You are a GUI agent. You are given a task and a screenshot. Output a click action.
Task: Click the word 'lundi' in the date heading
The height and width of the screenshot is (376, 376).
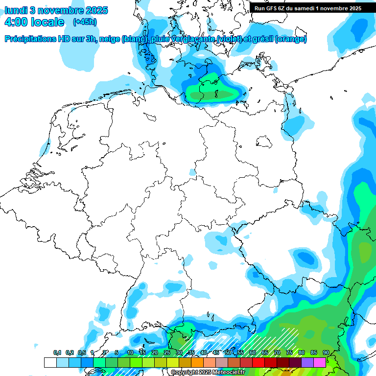click(x=16, y=10)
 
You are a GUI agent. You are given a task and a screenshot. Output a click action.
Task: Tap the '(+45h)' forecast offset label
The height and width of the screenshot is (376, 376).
click(x=84, y=22)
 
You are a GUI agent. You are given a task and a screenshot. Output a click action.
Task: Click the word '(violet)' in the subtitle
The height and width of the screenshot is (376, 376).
click(x=227, y=39)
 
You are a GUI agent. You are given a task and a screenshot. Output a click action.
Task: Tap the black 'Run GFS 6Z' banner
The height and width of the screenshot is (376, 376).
click(x=306, y=8)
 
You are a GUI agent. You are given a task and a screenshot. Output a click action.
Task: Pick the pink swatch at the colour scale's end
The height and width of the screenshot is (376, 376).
click(x=320, y=362)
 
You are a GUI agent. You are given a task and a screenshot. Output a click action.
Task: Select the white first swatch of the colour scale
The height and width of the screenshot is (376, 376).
click(x=50, y=362)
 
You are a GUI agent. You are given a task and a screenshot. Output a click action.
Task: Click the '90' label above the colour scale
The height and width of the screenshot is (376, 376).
click(x=326, y=353)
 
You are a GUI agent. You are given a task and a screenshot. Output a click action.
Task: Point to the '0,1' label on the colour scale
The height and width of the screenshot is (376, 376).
click(x=57, y=353)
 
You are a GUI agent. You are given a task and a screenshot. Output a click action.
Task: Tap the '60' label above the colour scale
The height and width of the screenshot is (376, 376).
click(x=253, y=353)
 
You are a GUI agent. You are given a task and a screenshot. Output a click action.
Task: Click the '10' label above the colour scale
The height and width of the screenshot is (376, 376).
click(x=130, y=353)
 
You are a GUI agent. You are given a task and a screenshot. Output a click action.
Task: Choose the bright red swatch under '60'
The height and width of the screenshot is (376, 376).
click(x=258, y=362)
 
